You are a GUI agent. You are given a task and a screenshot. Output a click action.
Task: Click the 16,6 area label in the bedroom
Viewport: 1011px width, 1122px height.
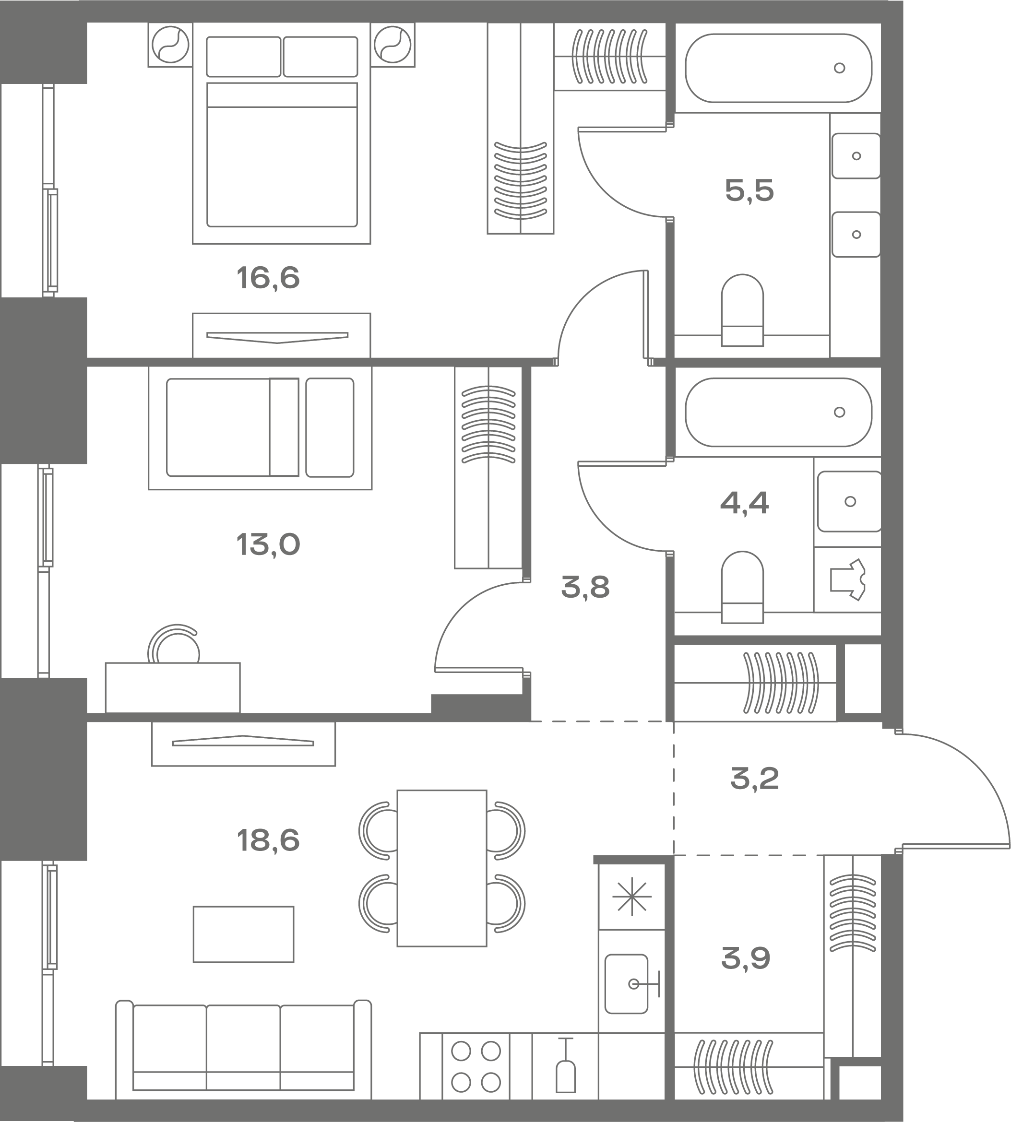268,278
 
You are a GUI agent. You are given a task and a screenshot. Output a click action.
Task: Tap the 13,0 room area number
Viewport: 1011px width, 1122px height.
268,544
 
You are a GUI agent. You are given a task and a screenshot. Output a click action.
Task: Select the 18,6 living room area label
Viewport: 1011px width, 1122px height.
268,840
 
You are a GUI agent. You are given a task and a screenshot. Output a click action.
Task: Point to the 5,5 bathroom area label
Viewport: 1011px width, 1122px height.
749,190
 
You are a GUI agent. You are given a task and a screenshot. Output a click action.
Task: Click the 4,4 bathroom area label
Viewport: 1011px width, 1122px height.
744,503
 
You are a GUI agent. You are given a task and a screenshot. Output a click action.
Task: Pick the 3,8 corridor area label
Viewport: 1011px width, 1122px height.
585,587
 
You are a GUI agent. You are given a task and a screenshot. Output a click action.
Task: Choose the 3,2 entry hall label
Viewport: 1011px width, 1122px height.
754,778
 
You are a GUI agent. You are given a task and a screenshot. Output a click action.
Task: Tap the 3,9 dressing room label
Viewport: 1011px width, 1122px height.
746,958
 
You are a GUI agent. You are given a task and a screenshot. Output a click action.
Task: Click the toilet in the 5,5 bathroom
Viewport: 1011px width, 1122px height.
742,310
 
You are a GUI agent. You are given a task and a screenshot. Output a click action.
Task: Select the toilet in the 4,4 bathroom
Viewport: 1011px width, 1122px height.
742,587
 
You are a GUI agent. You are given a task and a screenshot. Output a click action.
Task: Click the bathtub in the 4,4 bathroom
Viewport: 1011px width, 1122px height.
778,412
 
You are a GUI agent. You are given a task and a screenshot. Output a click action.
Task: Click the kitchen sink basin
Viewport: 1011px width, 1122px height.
626,984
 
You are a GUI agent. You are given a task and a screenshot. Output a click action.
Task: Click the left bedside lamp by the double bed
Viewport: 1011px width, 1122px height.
170,45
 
